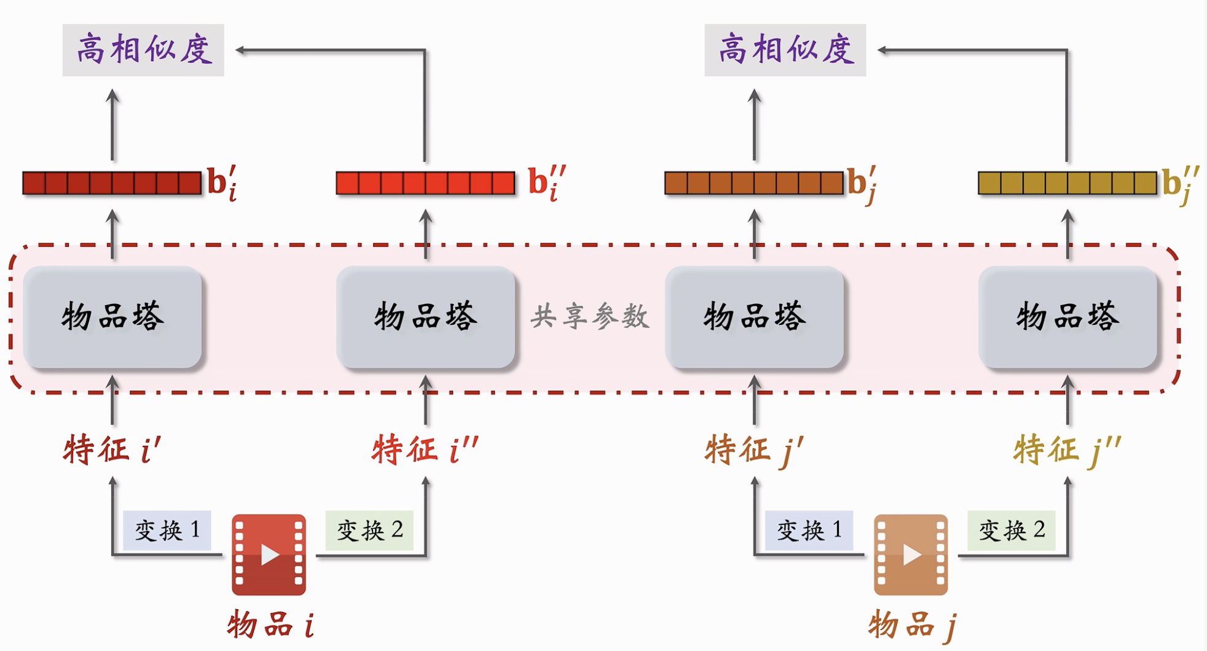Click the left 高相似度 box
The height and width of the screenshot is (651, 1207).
(143, 50)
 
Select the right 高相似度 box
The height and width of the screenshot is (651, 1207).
(785, 50)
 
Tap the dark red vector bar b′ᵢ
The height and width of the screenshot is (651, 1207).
(112, 183)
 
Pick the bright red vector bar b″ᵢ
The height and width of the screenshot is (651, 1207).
(425, 183)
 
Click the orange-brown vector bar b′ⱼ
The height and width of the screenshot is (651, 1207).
(754, 183)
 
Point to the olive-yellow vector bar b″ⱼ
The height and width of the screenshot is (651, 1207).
(1067, 183)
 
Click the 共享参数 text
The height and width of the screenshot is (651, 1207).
(590, 317)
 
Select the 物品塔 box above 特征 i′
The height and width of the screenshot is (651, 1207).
(112, 317)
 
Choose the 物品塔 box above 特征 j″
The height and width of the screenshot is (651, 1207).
(1068, 317)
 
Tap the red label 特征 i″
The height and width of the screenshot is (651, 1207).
(425, 449)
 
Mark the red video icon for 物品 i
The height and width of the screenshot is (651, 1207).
(269, 555)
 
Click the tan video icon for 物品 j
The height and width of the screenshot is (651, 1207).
(911, 555)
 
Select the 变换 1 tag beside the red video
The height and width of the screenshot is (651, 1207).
(167, 530)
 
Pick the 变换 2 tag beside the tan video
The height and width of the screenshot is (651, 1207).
(1012, 530)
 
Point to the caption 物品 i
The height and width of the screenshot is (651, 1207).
(271, 625)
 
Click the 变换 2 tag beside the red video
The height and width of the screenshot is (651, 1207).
(369, 530)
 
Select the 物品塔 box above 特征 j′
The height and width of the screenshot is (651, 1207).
(755, 317)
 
